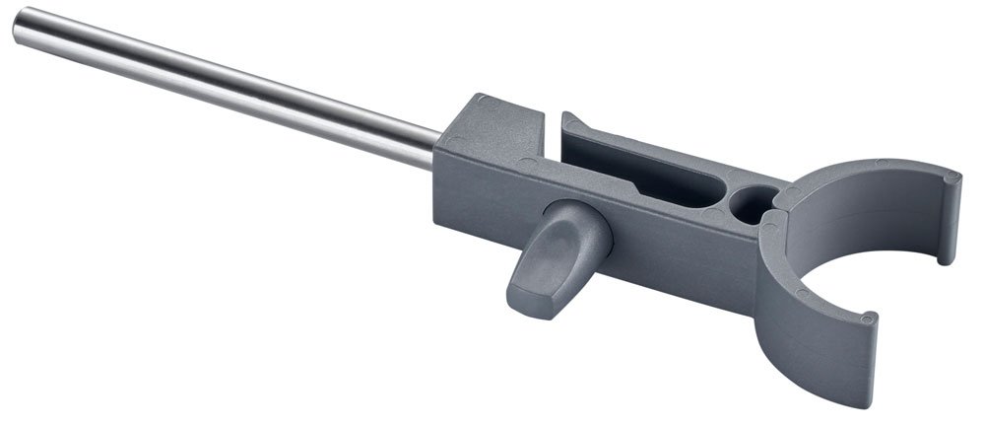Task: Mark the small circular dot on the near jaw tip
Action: pyautogui.click(x=866, y=319)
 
